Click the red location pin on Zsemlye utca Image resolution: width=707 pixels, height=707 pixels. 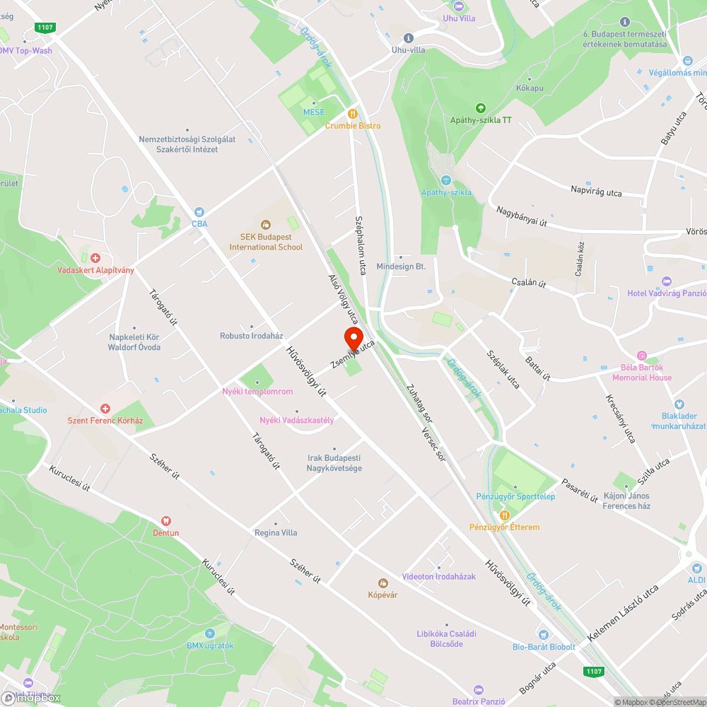[x=353, y=337]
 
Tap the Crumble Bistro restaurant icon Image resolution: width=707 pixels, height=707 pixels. [x=352, y=113]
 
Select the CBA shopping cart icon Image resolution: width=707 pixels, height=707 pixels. [x=199, y=211]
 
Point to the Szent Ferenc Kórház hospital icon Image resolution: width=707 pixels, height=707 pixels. [x=105, y=409]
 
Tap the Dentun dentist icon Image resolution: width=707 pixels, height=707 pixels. [x=166, y=520]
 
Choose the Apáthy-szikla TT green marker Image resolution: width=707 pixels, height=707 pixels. [x=481, y=108]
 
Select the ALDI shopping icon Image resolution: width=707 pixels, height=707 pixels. [x=696, y=568]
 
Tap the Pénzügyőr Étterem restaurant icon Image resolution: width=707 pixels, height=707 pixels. [x=504, y=515]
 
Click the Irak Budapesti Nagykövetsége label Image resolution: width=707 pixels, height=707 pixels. [x=334, y=463]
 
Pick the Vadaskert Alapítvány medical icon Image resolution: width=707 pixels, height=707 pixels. [x=95, y=258]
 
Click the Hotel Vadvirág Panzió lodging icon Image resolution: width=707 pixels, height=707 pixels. [x=666, y=281]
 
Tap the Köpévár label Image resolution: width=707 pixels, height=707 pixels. [x=382, y=594]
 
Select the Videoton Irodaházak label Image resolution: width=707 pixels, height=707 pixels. [x=438, y=576]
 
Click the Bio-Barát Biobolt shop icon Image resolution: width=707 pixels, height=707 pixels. [x=543, y=634]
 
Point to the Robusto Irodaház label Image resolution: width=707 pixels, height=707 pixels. [x=251, y=336]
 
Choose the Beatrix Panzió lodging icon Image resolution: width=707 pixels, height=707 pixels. [x=478, y=689]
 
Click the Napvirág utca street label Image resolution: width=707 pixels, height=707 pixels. [x=596, y=191]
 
